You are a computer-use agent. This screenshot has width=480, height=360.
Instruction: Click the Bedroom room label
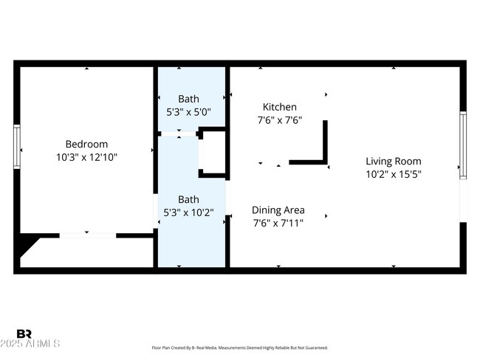(86, 144)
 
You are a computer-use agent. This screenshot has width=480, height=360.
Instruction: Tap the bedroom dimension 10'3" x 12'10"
(86, 157)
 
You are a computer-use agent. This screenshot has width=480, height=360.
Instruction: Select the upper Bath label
(188, 99)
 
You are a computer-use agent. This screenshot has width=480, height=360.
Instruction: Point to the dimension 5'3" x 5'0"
(188, 112)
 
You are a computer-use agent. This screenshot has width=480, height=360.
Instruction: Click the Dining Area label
(278, 210)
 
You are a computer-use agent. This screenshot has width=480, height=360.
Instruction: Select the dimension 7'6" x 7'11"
(278, 222)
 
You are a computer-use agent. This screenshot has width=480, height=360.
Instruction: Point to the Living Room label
(393, 162)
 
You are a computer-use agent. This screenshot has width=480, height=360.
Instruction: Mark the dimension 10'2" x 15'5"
(393, 175)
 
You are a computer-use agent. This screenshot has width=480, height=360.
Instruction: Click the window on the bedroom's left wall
(16, 147)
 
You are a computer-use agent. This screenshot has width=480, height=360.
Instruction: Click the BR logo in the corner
(24, 334)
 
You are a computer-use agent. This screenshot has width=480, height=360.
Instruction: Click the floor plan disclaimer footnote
(239, 347)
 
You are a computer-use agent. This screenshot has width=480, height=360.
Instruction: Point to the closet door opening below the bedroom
(87, 235)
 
